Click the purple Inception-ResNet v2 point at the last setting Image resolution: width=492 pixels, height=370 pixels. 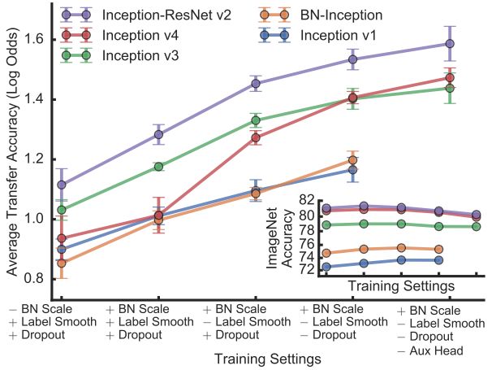point(450,43)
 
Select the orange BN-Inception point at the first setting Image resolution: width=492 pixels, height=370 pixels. point(62,263)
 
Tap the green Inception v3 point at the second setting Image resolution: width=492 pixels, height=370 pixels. point(158,167)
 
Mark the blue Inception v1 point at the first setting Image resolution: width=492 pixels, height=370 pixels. point(62,249)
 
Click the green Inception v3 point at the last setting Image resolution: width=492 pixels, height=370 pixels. point(450,87)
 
